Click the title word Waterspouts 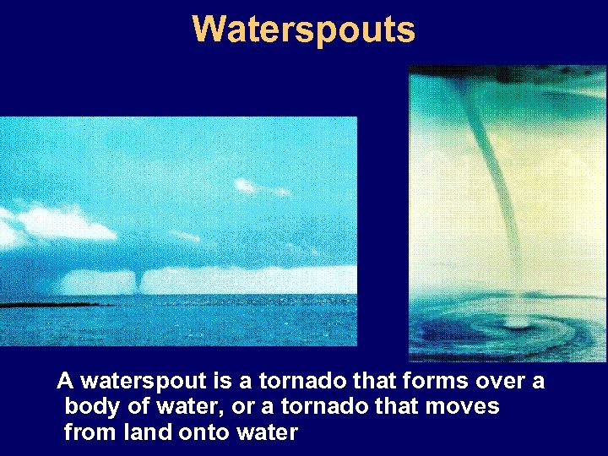click(x=303, y=29)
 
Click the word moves click(x=463, y=407)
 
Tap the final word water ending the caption click(x=269, y=432)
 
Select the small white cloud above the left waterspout click(x=247, y=186)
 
